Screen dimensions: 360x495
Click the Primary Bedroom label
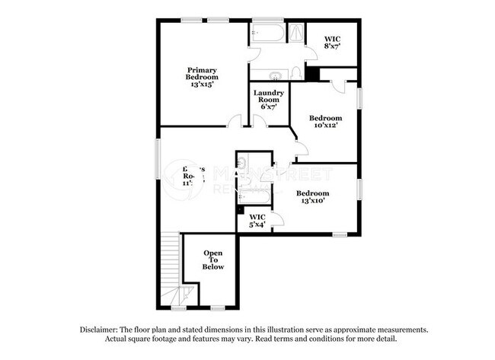(203, 73)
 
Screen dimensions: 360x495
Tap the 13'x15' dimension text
(203, 84)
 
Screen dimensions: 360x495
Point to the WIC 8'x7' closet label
(331, 41)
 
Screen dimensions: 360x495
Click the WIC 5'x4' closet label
(258, 221)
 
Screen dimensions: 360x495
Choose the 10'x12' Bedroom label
(324, 121)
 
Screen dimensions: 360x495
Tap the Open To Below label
(213, 260)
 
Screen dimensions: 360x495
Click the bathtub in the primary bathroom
(267, 33)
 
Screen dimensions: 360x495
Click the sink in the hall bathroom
(241, 162)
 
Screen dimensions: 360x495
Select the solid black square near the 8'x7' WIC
(311, 73)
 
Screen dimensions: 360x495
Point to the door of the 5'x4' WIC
(276, 220)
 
